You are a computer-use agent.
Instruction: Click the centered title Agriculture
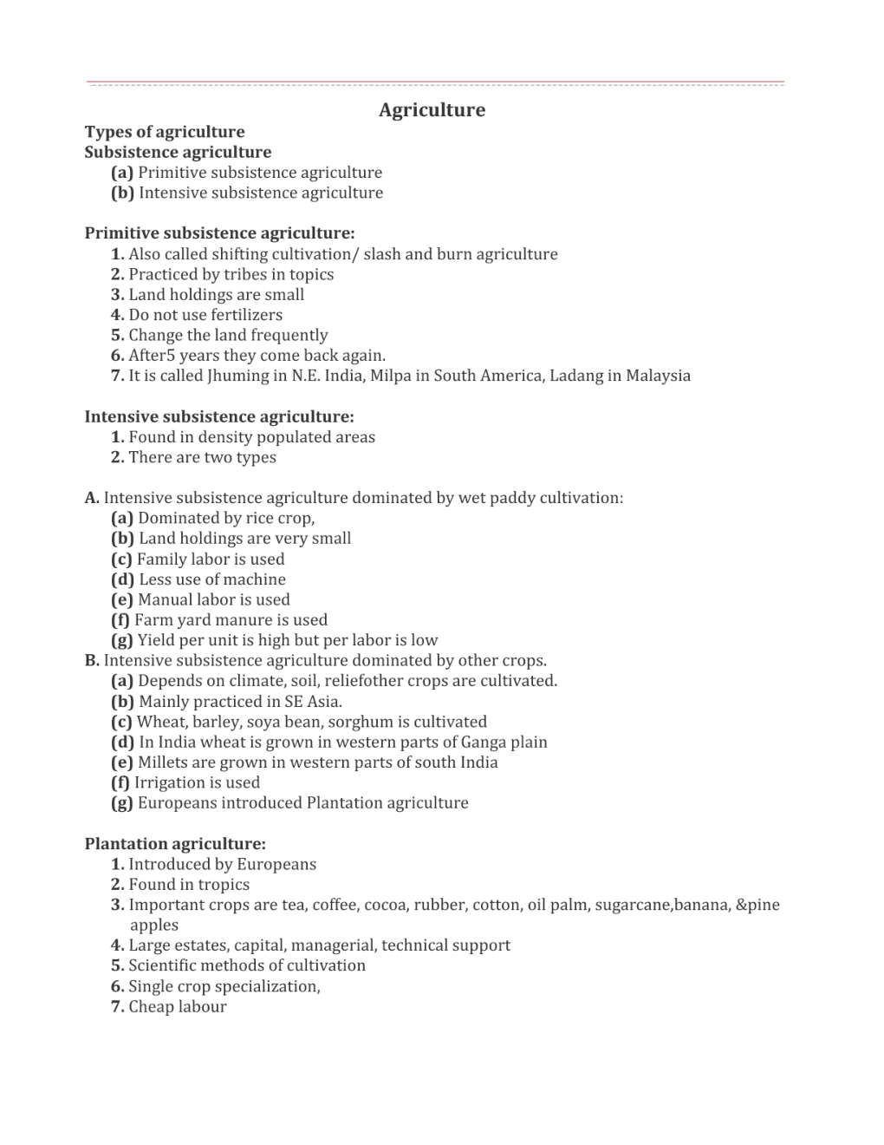coord(432,110)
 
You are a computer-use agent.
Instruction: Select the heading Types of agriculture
coord(165,132)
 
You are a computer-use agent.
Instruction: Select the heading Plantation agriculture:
coord(175,844)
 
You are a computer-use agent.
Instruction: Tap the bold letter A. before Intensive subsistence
coord(92,498)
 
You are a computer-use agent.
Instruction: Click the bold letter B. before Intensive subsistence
coord(92,661)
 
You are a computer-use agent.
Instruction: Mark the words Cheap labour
coord(178,1007)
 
